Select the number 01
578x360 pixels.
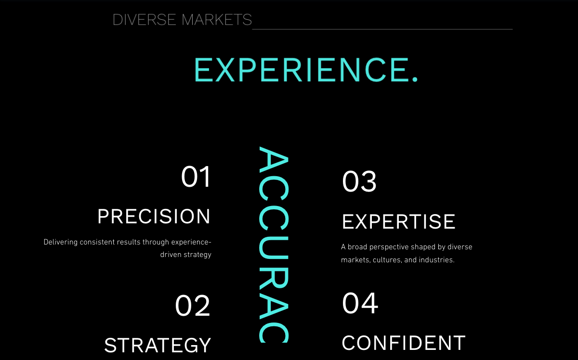pos(196,177)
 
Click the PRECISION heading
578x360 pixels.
pos(154,217)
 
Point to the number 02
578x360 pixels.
pos(193,306)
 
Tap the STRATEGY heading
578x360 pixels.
pos(158,345)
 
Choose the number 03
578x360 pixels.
pos(359,181)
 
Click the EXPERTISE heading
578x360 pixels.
pos(398,222)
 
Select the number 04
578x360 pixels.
pos(360,303)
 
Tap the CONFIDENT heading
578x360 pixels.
pos(404,343)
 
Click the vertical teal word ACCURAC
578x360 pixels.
pos(274,245)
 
